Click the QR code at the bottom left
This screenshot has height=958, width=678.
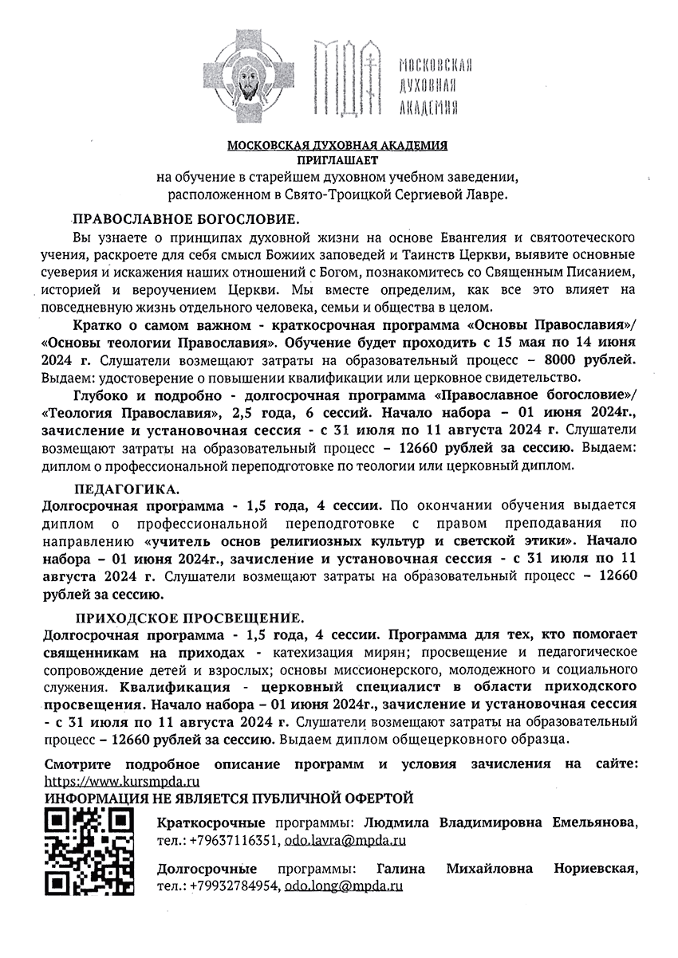click(x=87, y=851)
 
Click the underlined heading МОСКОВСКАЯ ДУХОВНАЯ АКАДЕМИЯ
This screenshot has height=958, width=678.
click(x=337, y=146)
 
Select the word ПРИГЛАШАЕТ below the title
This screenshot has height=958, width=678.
click(x=338, y=161)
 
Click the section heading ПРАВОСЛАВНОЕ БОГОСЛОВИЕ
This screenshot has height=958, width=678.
click(x=186, y=218)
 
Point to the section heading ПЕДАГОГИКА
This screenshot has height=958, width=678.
click(x=128, y=488)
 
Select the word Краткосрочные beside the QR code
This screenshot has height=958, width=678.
click(x=211, y=822)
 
